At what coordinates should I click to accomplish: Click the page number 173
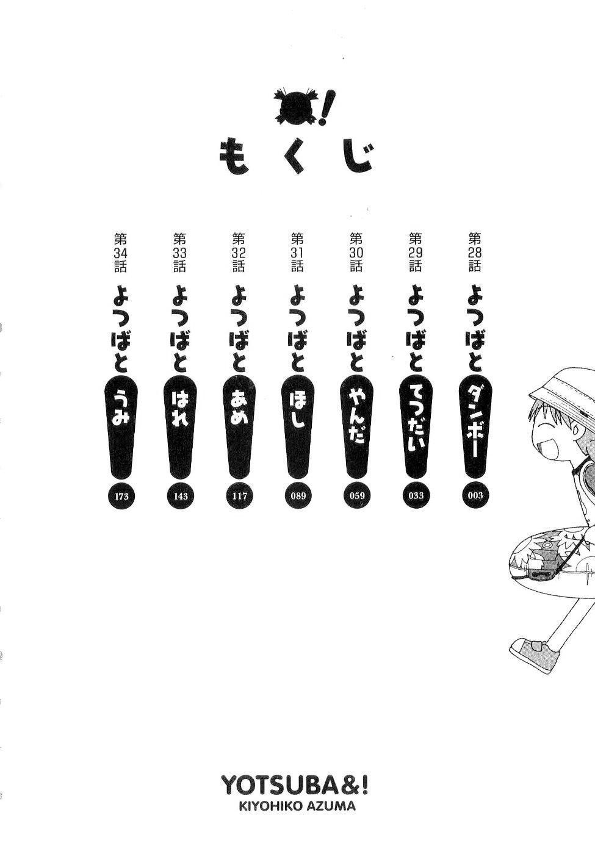(121, 496)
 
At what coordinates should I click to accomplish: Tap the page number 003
(475, 495)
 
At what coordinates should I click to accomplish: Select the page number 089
(298, 496)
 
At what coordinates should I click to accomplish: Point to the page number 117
(239, 496)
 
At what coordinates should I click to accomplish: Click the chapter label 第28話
(475, 251)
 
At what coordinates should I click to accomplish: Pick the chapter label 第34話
(120, 251)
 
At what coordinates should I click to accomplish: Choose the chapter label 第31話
(297, 251)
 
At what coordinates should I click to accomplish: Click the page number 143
(180, 496)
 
